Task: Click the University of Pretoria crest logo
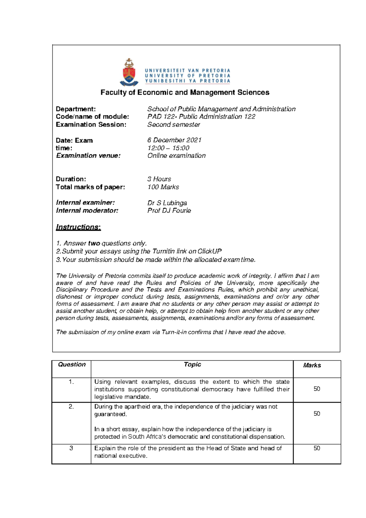pyautogui.click(x=129, y=72)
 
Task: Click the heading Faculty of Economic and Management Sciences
pyautogui.click(x=185, y=92)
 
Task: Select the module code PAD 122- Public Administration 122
pyautogui.click(x=201, y=117)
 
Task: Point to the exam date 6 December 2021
pyautogui.click(x=174, y=140)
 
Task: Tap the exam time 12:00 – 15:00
pyautogui.click(x=168, y=148)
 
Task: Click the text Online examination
pyautogui.click(x=176, y=156)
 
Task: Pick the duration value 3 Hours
pyautogui.click(x=159, y=179)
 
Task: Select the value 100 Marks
pyautogui.click(x=163, y=187)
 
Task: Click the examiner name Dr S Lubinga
pyautogui.click(x=167, y=203)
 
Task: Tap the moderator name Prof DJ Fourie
pyautogui.click(x=169, y=210)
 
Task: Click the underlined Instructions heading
pyautogui.click(x=78, y=227)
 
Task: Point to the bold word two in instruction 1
pyautogui.click(x=94, y=243)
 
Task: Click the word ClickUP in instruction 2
pyautogui.click(x=209, y=251)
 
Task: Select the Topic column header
pyautogui.click(x=192, y=365)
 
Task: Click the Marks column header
pyautogui.click(x=312, y=365)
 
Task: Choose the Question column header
pyautogui.click(x=72, y=365)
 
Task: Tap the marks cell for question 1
pyautogui.click(x=317, y=389)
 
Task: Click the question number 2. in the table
pyautogui.click(x=71, y=407)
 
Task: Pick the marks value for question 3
pyautogui.click(x=317, y=448)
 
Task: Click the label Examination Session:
pyautogui.click(x=91, y=124)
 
